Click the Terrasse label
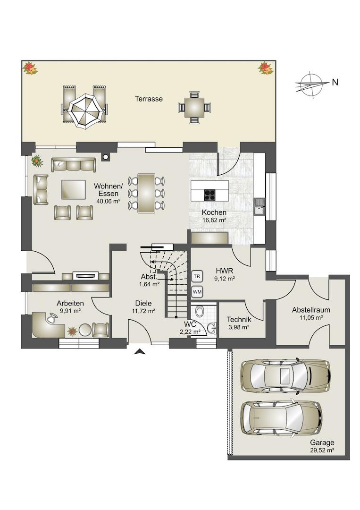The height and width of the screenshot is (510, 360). point(149,99)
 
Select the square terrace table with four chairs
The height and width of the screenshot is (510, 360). point(194,107)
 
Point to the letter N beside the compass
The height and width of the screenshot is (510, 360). point(335,83)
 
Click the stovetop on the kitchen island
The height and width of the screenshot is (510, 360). point(210,195)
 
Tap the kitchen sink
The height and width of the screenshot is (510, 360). point(260,207)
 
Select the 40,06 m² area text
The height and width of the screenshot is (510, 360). point(109,201)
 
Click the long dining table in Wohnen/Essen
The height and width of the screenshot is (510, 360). point(146,193)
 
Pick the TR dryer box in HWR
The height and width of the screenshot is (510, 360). point(197,276)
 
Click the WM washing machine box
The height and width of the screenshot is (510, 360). point(197,292)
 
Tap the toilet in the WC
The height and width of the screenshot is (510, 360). point(200,311)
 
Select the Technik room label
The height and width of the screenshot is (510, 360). point(239,319)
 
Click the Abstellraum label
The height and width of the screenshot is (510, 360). point(311,310)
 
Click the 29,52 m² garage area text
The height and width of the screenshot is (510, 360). point(322,450)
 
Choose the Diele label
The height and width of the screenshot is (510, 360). point(143,303)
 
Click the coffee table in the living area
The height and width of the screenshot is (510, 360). point(74,189)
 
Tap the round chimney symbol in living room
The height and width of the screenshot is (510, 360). point(105,157)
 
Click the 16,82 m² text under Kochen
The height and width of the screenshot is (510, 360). point(214,220)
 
